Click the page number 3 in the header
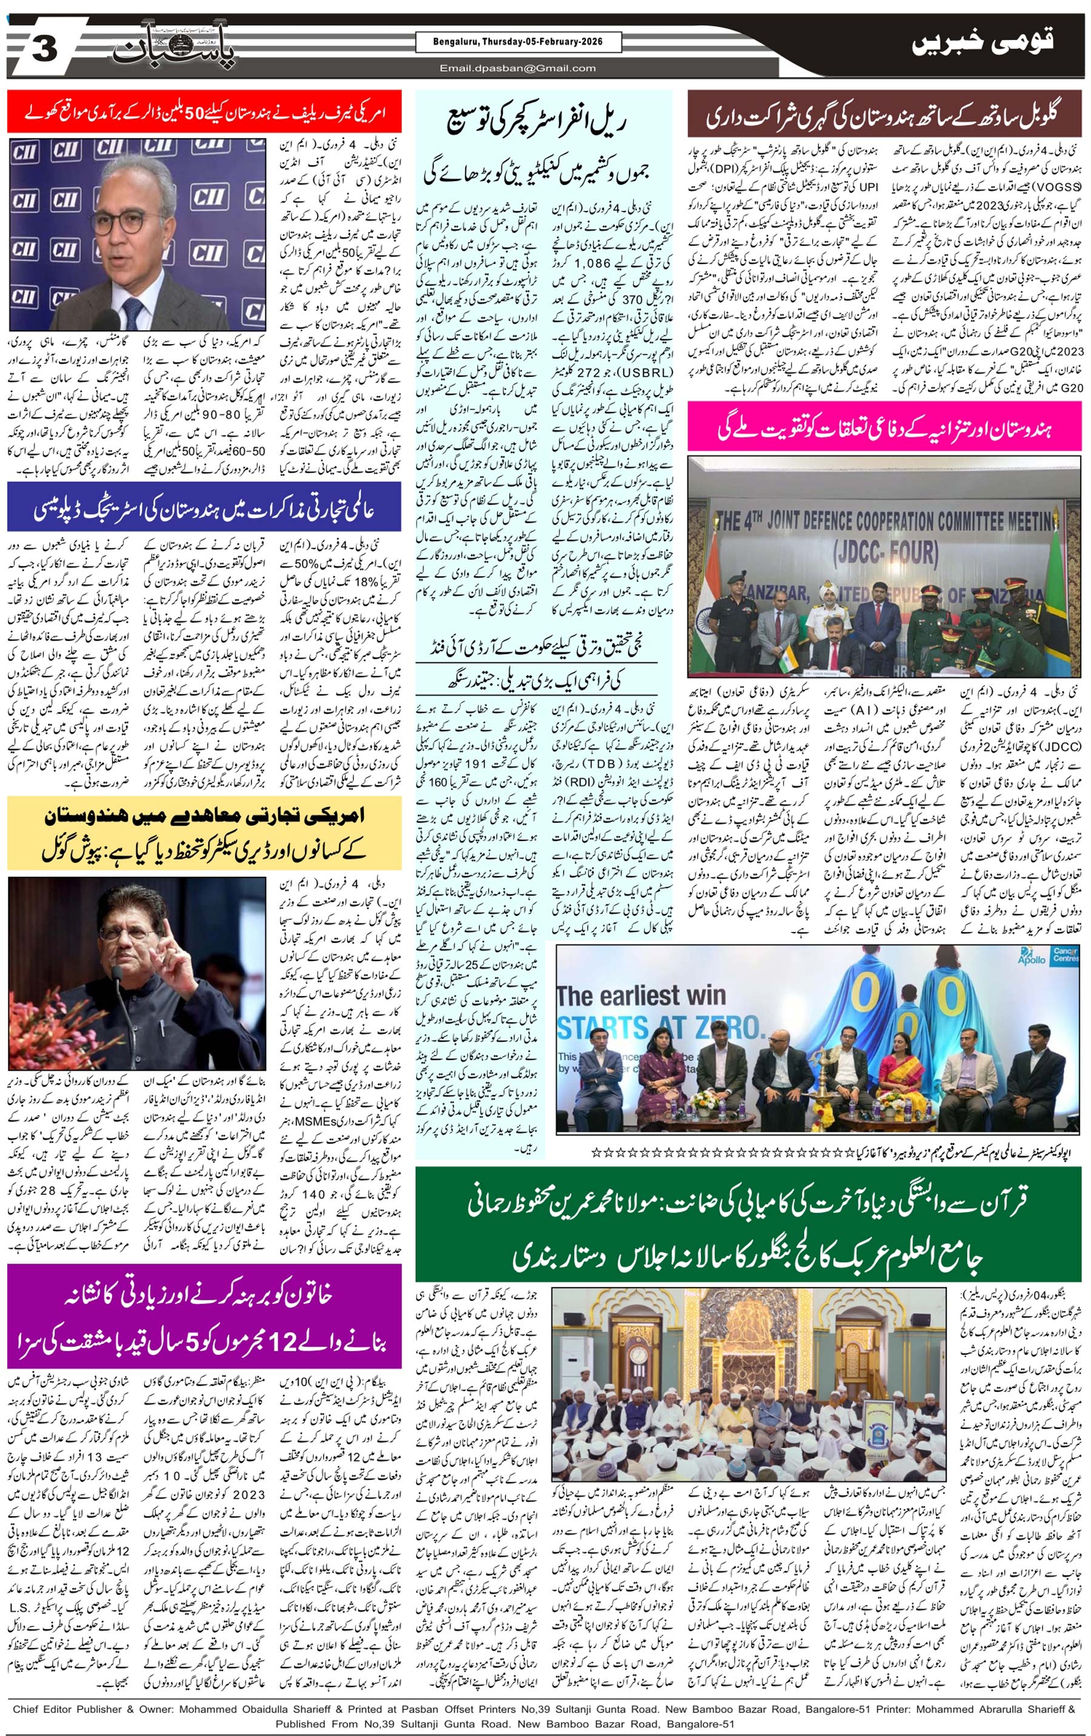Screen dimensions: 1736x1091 pos(45,51)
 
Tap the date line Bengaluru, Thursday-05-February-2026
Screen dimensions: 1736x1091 pos(518,42)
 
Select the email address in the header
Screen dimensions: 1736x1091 pos(518,68)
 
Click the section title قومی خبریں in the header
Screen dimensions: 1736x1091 pos(981,45)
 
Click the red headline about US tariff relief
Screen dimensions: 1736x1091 pos(205,113)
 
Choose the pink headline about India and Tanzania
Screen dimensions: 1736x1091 pos(885,430)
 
